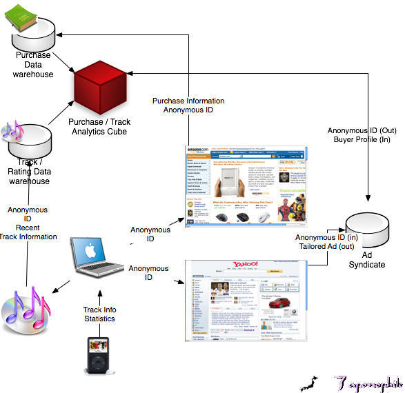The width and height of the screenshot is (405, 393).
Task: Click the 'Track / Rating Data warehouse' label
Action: (28, 171)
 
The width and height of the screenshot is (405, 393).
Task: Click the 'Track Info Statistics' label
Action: (99, 314)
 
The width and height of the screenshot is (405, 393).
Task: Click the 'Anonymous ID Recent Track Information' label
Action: (28, 223)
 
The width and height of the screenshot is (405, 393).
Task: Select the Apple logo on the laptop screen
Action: (89, 248)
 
